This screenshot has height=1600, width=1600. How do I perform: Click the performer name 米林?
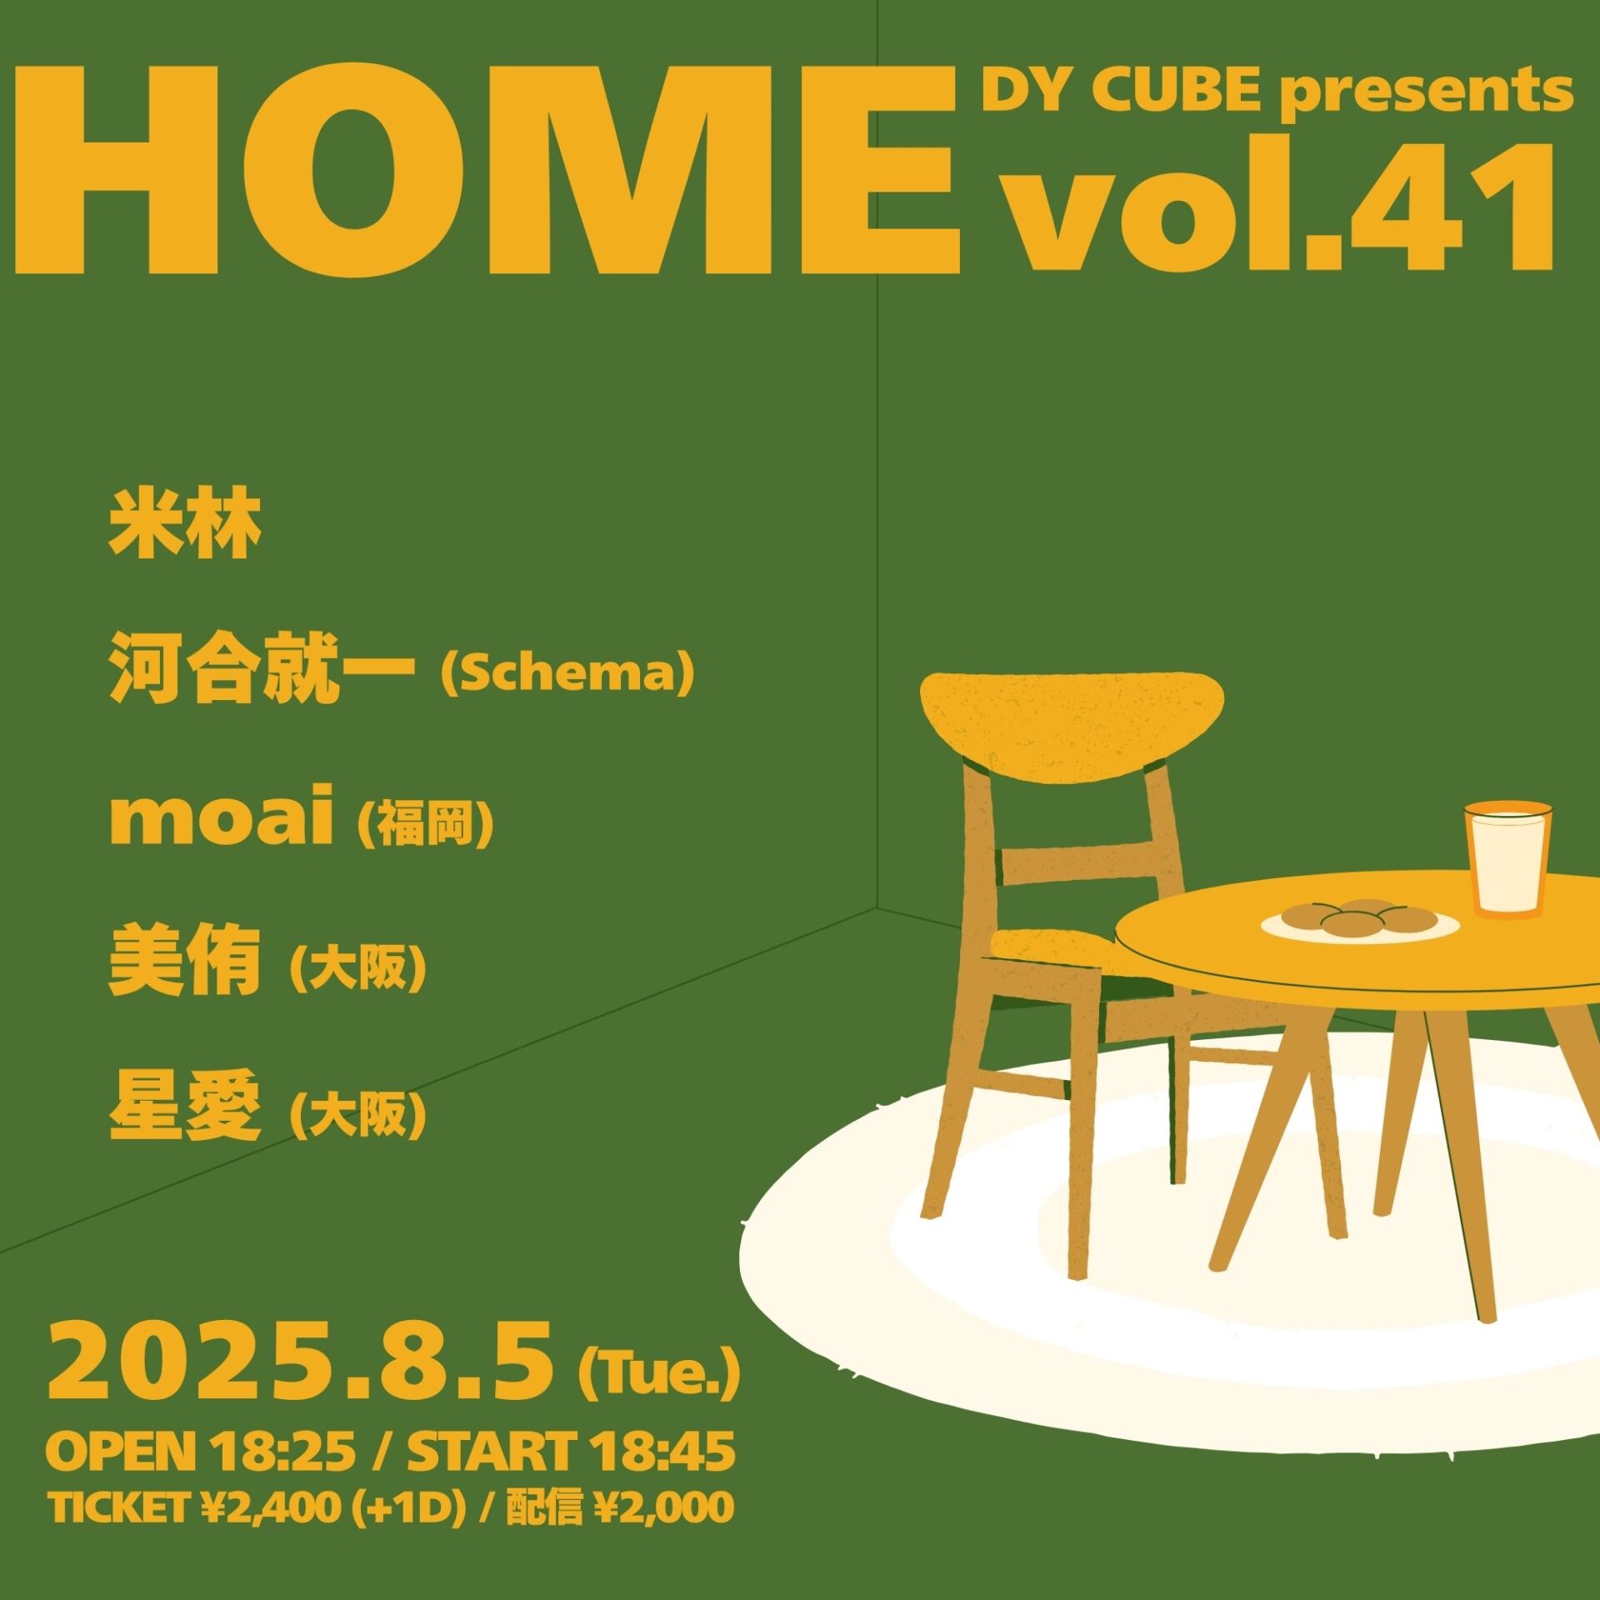[185, 524]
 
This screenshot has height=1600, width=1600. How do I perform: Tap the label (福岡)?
[426, 823]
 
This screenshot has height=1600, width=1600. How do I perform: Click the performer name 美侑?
[184, 962]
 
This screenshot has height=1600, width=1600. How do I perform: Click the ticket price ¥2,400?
[270, 1507]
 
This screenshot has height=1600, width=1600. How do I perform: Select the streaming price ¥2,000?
[664, 1507]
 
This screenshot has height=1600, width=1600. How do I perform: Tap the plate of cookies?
[1360, 920]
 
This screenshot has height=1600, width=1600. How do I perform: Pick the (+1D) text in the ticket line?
[408, 1507]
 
